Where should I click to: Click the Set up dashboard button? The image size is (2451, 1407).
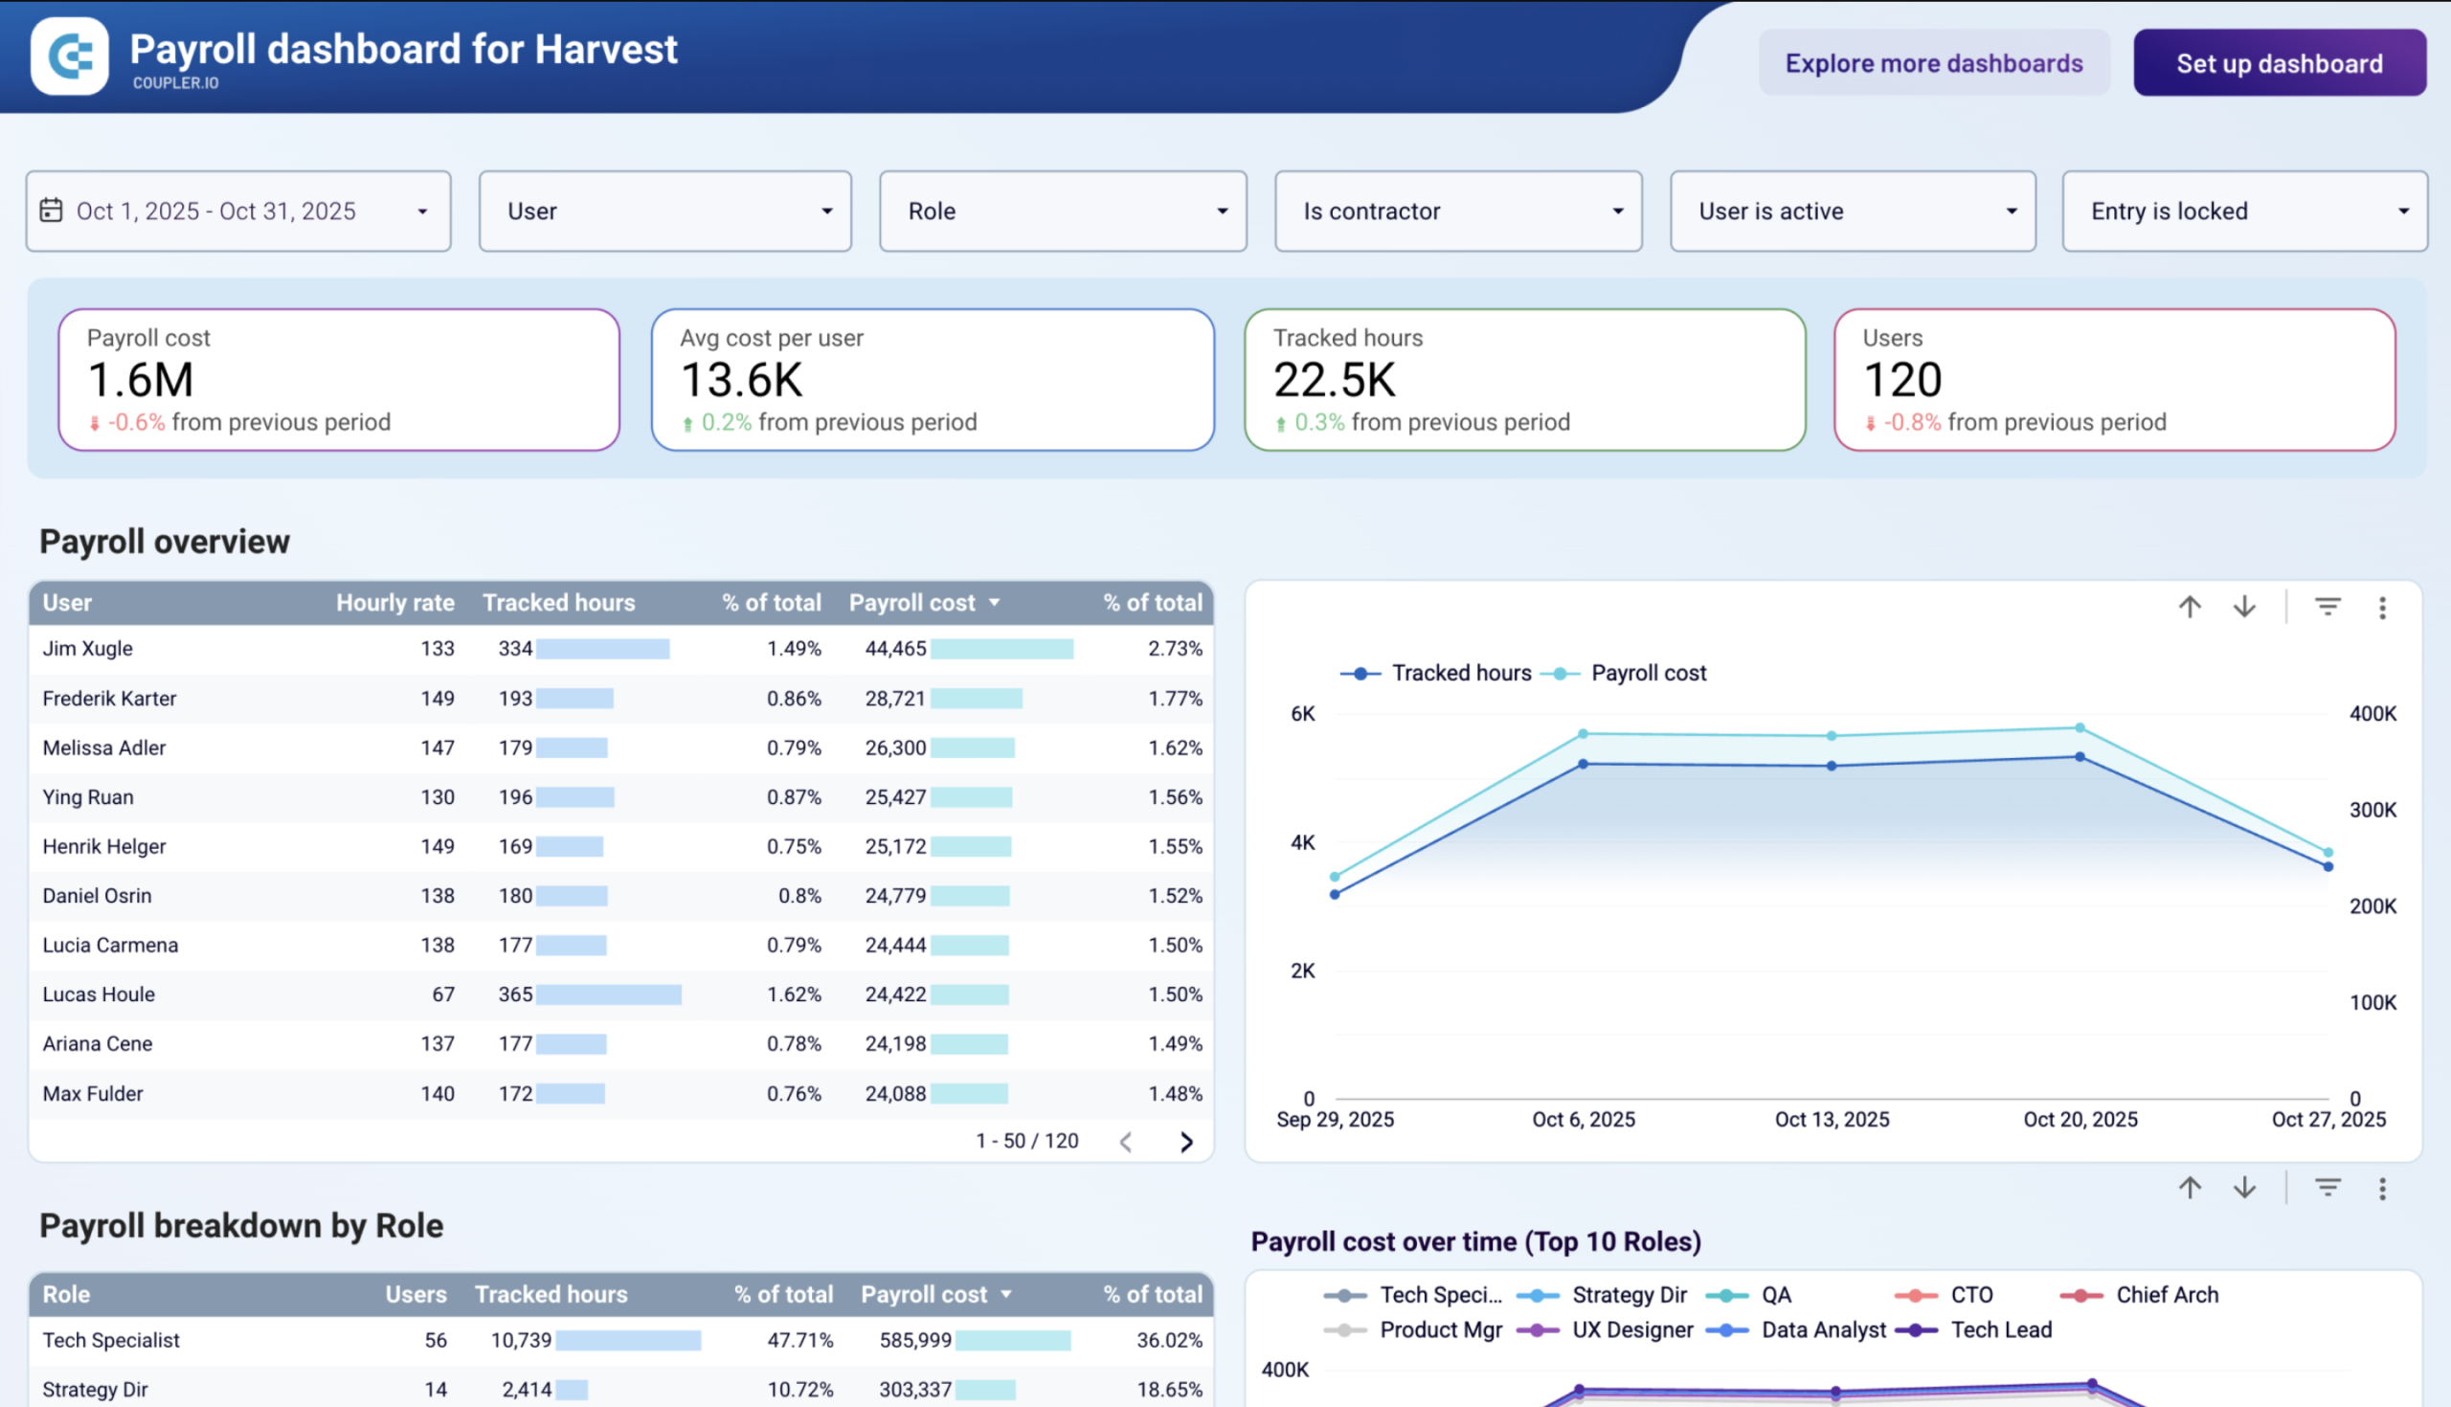click(x=2279, y=63)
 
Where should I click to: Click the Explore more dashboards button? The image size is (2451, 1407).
click(x=1933, y=63)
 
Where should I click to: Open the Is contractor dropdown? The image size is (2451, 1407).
click(x=1457, y=211)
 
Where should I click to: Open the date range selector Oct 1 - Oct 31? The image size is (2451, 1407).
click(x=237, y=211)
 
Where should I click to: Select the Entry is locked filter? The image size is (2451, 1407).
click(x=2243, y=211)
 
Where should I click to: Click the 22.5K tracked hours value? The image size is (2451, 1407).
click(x=1334, y=380)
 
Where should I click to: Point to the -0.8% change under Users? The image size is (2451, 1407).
click(x=1912, y=422)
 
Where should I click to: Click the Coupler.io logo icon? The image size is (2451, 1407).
click(x=70, y=56)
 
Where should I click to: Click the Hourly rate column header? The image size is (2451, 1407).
click(x=394, y=602)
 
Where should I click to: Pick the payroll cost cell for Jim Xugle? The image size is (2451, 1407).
click(x=895, y=648)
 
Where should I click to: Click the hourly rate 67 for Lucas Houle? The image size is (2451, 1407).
click(x=442, y=994)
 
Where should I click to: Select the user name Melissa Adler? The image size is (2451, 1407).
click(x=104, y=748)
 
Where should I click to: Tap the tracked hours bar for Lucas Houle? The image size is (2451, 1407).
click(x=608, y=994)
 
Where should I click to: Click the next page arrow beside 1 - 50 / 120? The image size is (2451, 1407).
click(x=1186, y=1142)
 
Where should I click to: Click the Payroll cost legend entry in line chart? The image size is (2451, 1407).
click(x=1647, y=673)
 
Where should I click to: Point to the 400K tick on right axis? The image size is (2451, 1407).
click(x=2372, y=713)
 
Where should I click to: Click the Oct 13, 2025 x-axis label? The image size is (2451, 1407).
click(x=1832, y=1119)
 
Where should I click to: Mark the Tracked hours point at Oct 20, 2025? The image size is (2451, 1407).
click(x=2080, y=757)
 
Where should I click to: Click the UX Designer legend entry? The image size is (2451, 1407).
click(x=1631, y=1329)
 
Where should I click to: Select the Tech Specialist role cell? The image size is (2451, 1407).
click(x=111, y=1340)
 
